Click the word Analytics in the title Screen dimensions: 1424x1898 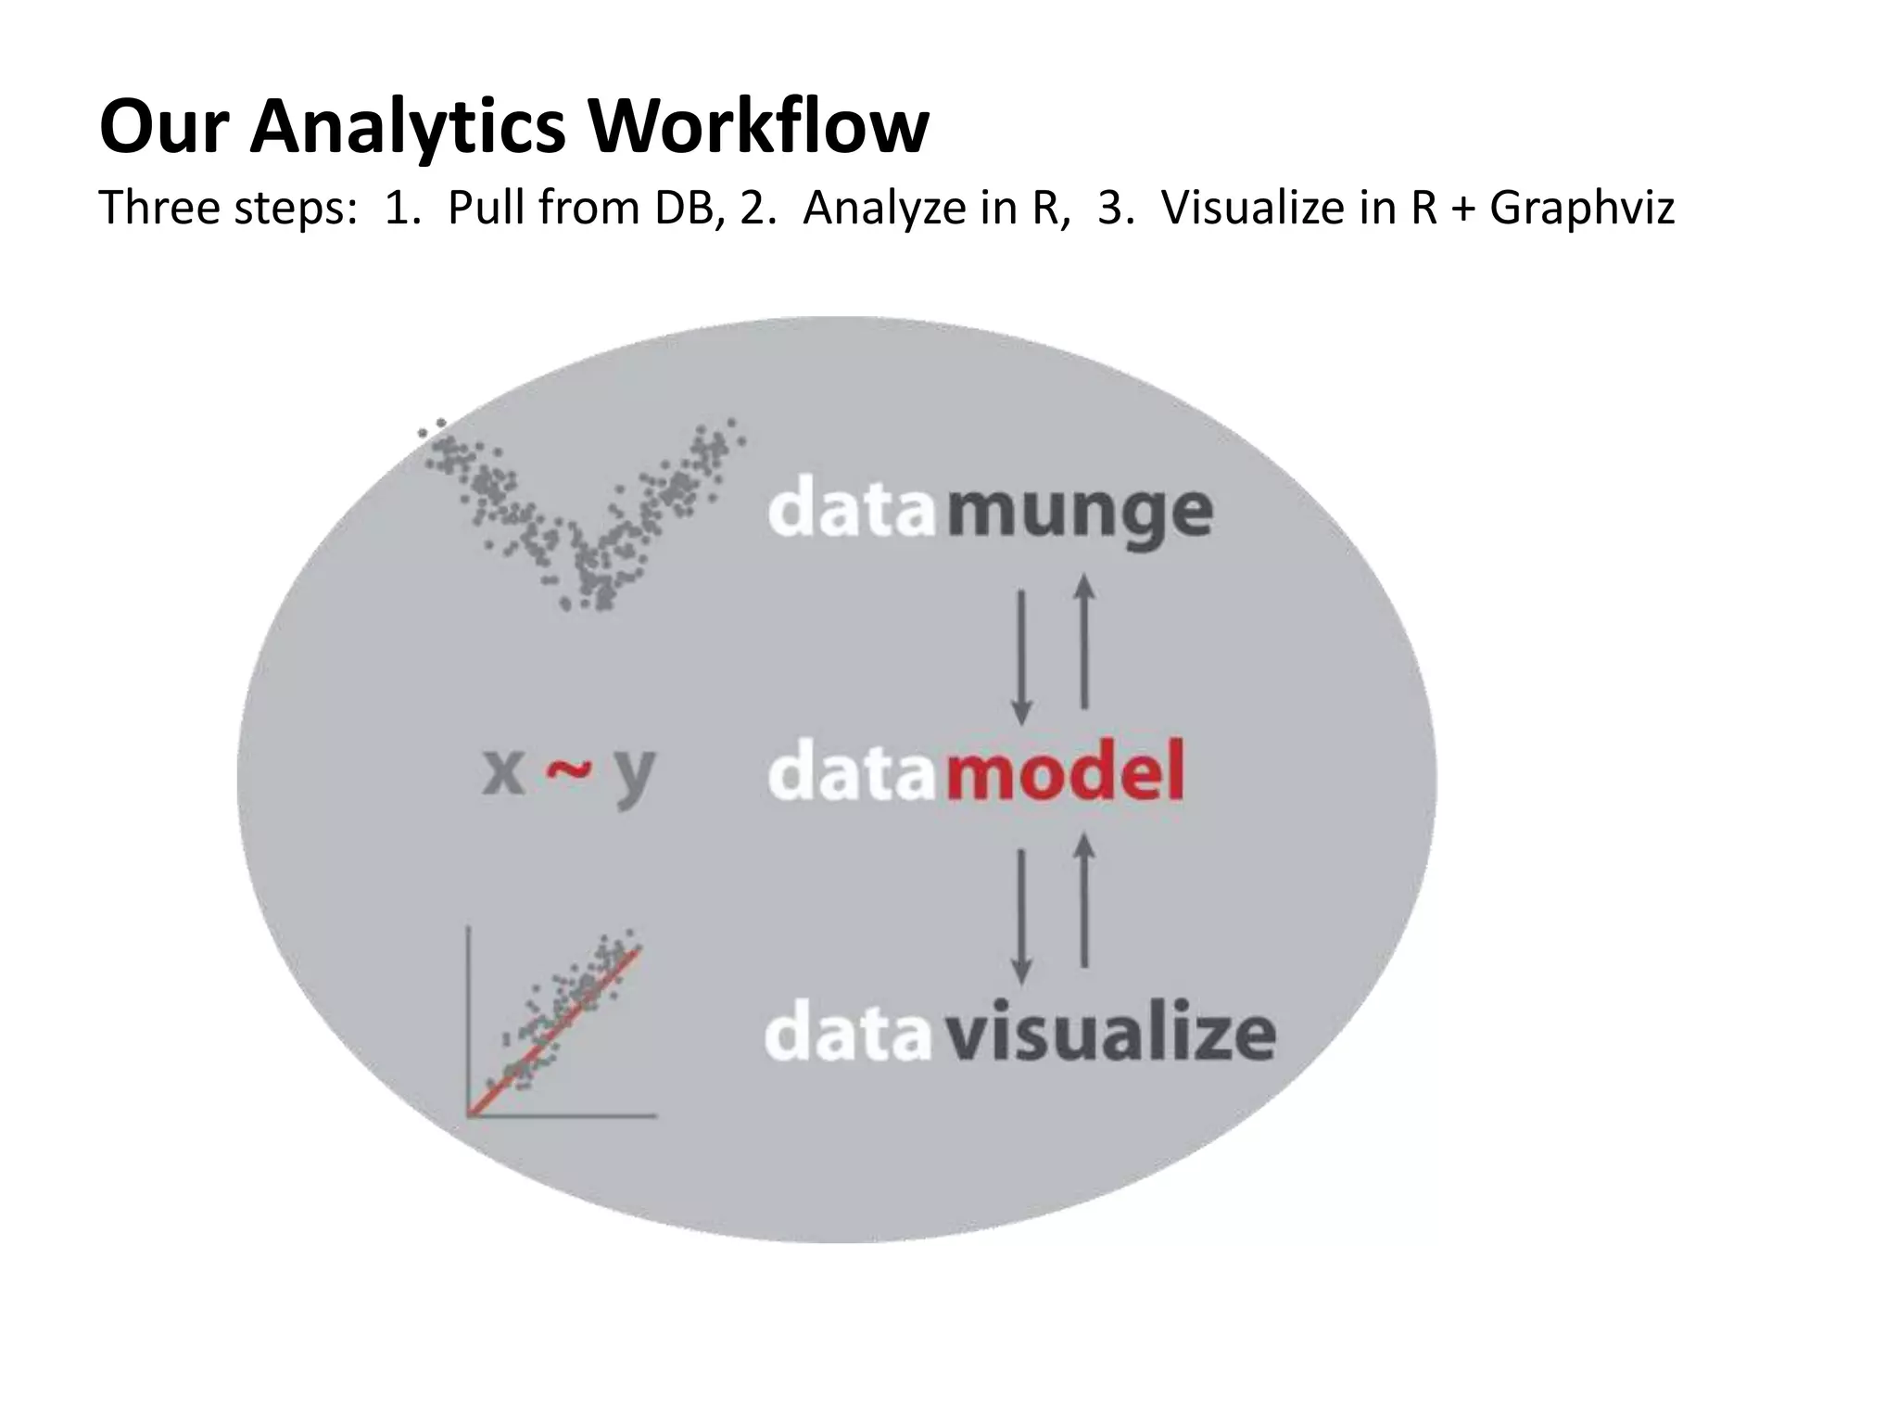tap(408, 127)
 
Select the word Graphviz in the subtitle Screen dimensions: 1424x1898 tap(1582, 208)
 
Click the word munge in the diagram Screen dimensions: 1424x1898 tap(1080, 513)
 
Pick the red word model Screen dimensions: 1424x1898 tap(1066, 772)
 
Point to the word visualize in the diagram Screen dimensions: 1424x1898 tap(1110, 1034)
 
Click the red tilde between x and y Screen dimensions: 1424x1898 tap(568, 769)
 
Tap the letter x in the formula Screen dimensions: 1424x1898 tap(504, 772)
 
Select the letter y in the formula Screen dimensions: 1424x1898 tap(635, 777)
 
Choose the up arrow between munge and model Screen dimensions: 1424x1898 tap(1083, 642)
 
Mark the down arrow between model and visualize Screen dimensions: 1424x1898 tap(1021, 916)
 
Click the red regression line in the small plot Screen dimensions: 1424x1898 tap(556, 1029)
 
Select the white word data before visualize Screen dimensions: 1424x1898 tap(847, 1034)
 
